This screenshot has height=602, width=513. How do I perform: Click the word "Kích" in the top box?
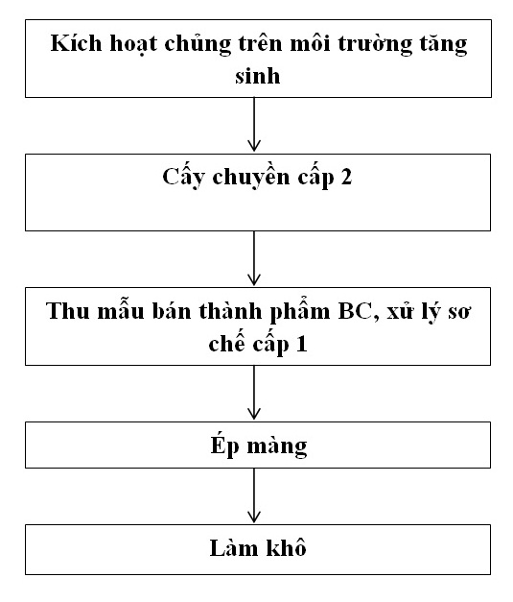point(77,42)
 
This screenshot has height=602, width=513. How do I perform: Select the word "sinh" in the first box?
point(257,75)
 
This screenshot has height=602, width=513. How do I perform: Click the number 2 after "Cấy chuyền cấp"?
point(345,177)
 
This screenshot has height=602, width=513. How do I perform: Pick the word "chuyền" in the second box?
point(251,178)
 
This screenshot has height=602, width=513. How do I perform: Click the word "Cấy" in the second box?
point(183,177)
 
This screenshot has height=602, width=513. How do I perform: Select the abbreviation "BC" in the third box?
point(355,311)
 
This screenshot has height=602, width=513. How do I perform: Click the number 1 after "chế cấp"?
point(302,344)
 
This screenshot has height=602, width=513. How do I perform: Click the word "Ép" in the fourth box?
point(224,445)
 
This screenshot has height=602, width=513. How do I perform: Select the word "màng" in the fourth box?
point(277,447)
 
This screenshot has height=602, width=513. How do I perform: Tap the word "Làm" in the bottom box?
point(234,548)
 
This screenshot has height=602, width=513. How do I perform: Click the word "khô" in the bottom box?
point(286,547)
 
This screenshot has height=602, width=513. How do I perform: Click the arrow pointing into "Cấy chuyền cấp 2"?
point(254,124)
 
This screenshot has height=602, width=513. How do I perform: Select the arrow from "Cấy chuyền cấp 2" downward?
point(254,258)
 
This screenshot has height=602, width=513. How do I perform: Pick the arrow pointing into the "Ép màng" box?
point(254,393)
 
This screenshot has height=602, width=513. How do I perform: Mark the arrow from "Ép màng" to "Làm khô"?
point(254,495)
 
